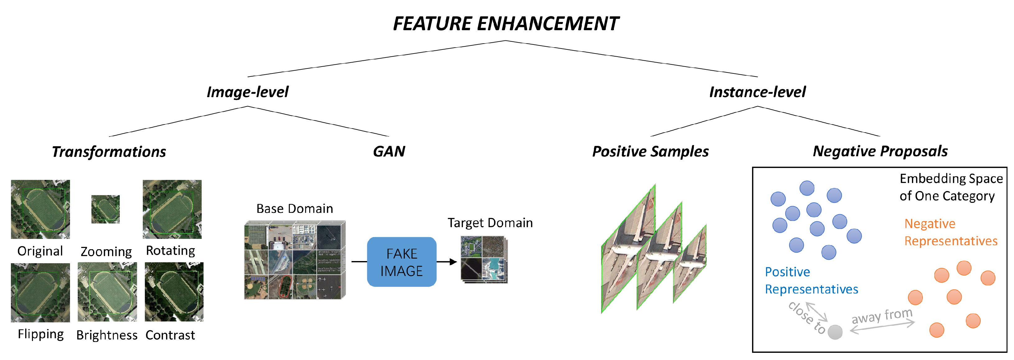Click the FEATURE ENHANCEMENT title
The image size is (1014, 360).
pyautogui.click(x=506, y=24)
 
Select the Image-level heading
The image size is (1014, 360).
pyautogui.click(x=248, y=92)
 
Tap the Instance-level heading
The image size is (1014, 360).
pyautogui.click(x=757, y=92)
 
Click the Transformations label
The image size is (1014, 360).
pyautogui.click(x=109, y=152)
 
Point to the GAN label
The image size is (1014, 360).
pyautogui.click(x=389, y=152)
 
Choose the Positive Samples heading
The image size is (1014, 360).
pyautogui.click(x=650, y=152)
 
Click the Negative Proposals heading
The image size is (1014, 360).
pyautogui.click(x=880, y=152)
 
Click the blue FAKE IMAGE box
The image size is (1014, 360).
pyautogui.click(x=401, y=262)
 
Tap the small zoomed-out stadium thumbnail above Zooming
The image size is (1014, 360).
pyautogui.click(x=105, y=209)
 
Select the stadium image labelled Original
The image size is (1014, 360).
pyautogui.click(x=40, y=209)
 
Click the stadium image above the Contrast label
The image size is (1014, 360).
pyautogui.click(x=174, y=292)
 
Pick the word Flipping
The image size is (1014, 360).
pyautogui.click(x=40, y=334)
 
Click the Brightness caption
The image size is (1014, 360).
pyautogui.click(x=107, y=335)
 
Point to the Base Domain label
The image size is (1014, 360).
pyautogui.click(x=294, y=208)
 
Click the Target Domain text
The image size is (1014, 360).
pyautogui.click(x=490, y=223)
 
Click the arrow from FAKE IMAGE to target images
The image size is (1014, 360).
pyautogui.click(x=447, y=262)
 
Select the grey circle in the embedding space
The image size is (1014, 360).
pyautogui.click(x=835, y=332)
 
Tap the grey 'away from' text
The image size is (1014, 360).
pyautogui.click(x=882, y=316)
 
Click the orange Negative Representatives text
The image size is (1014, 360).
pyautogui.click(x=950, y=232)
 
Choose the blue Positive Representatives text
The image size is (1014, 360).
pyautogui.click(x=811, y=281)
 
